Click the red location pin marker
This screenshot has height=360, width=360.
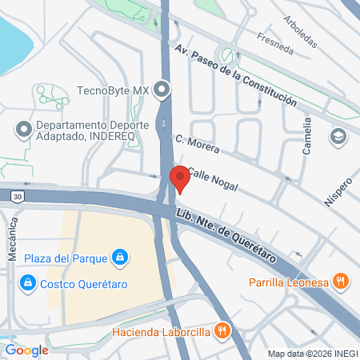(180, 178)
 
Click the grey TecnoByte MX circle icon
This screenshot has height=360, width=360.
(164, 89)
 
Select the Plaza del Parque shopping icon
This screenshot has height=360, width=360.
(119, 257)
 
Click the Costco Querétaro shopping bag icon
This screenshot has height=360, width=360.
(28, 283)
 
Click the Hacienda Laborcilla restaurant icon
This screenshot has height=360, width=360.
(225, 330)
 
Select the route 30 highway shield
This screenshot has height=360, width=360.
(18, 195)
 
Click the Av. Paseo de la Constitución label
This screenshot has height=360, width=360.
(235, 77)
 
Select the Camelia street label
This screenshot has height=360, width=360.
(306, 136)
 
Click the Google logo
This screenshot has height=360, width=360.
(26, 350)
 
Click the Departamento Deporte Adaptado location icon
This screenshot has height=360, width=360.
(22, 128)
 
